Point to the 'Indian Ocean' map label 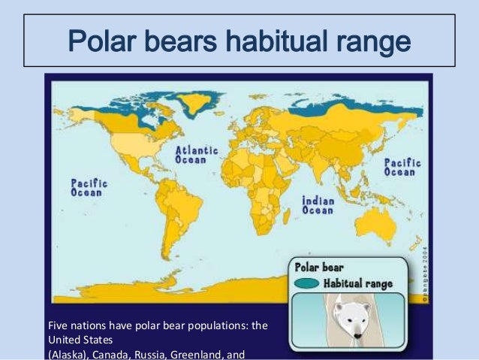point(318,205)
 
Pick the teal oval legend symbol point(308,283)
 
